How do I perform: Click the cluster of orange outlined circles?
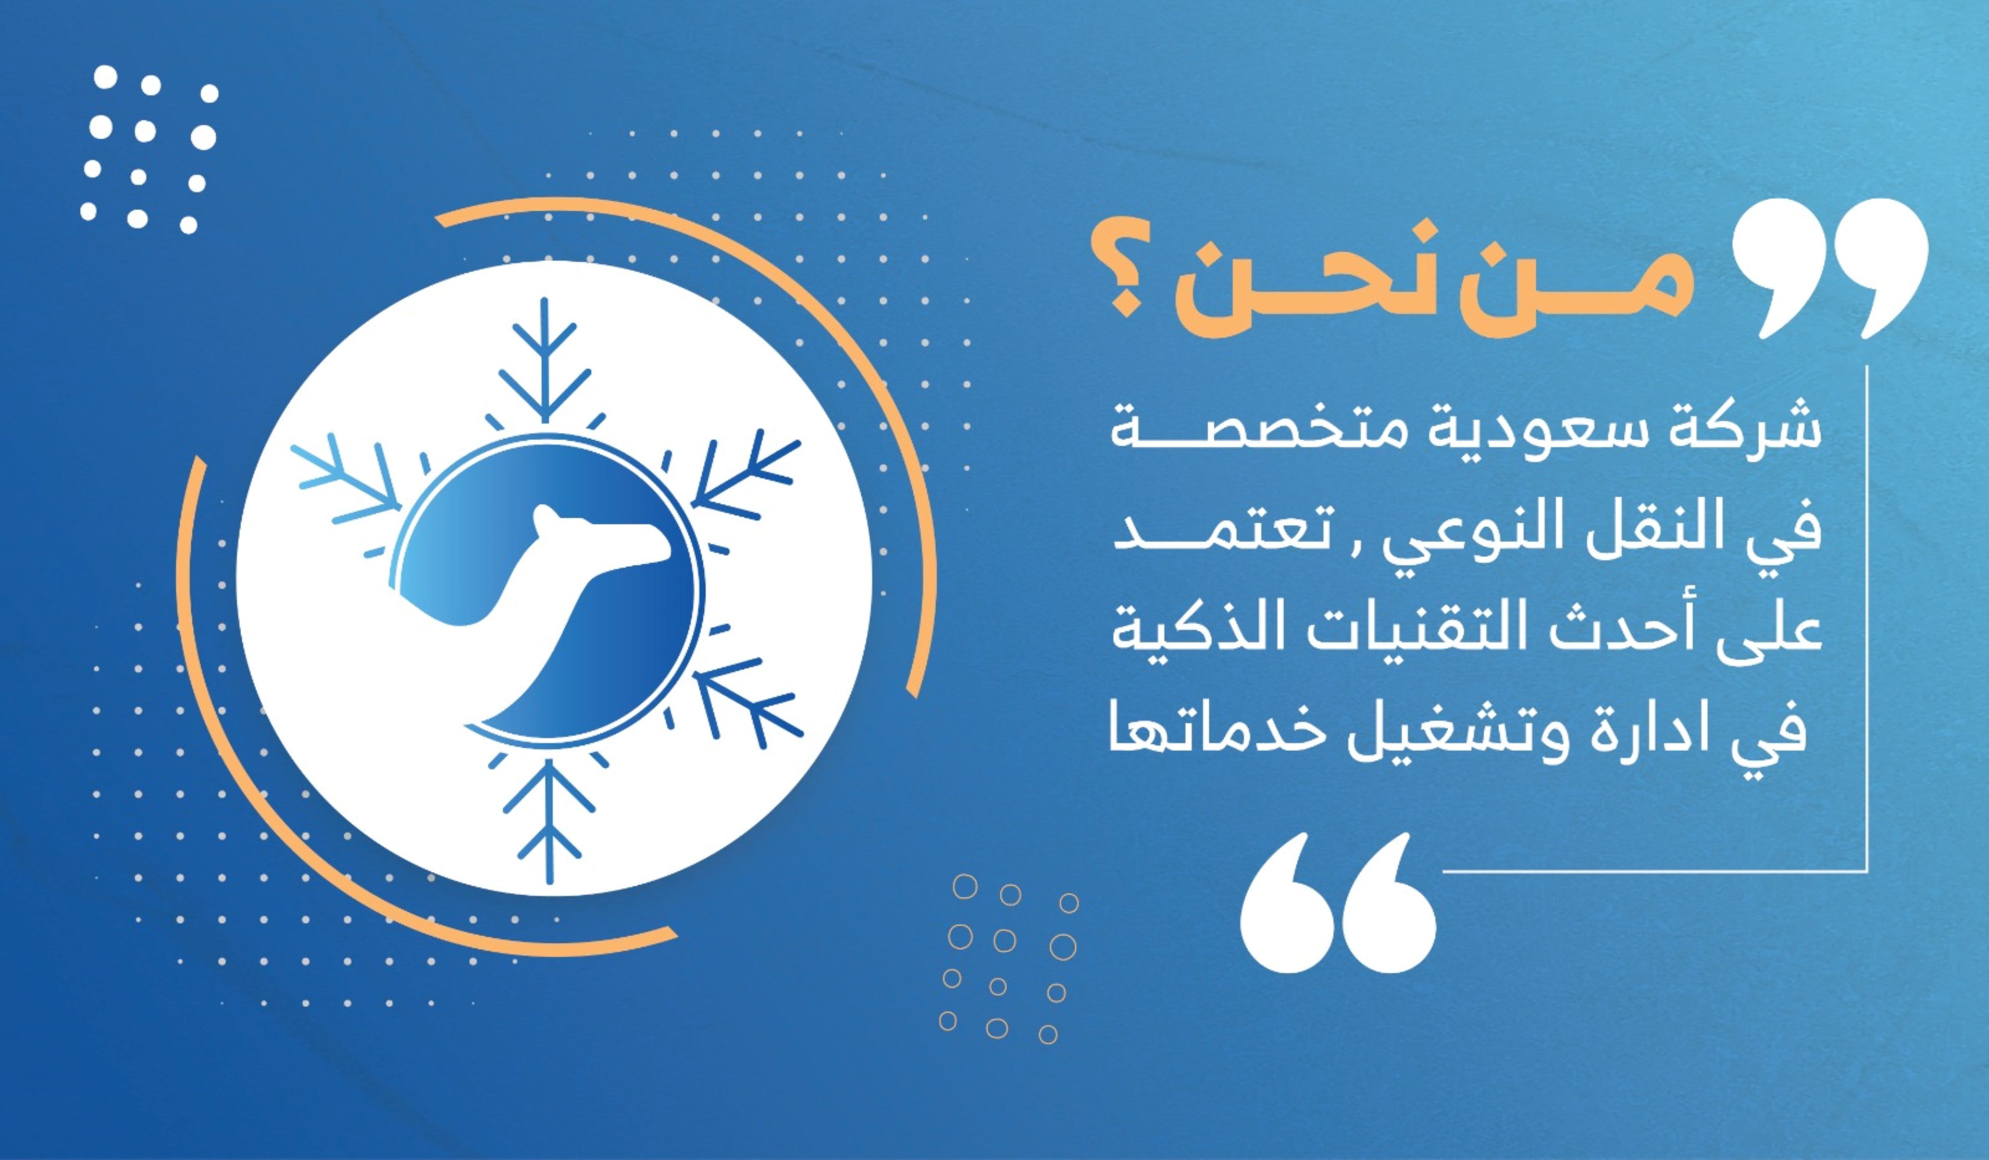[x=1009, y=959]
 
